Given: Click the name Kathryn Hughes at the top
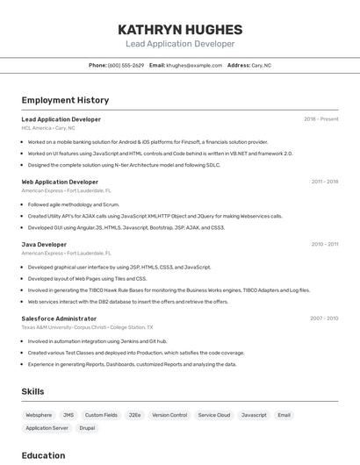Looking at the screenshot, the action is coord(180,29).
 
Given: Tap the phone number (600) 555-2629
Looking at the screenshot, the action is coord(126,65).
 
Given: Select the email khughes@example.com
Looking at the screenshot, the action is coord(194,65).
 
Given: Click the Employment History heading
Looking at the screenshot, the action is coord(65,100).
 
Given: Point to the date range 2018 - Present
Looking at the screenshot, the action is coord(320,119).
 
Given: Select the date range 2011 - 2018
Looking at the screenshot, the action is coord(324,182).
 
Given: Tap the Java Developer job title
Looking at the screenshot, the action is coord(44,245).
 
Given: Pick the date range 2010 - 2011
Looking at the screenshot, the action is coord(324,245).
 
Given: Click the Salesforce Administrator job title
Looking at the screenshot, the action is coord(59,318).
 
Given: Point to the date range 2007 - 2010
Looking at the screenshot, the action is coord(323,318).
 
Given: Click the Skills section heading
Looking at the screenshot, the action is coord(32,391).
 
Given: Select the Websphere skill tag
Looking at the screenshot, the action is coord(39,415).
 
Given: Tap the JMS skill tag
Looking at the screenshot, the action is coord(68,415).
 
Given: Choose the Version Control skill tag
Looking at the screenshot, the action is coord(169,415).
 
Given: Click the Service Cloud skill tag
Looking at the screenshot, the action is coord(213,415).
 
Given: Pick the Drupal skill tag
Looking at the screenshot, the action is coord(87,428).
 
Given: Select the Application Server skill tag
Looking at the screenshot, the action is coord(47,428).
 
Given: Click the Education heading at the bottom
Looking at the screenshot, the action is coord(43,455).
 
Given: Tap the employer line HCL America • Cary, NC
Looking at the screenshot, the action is coord(48,128).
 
